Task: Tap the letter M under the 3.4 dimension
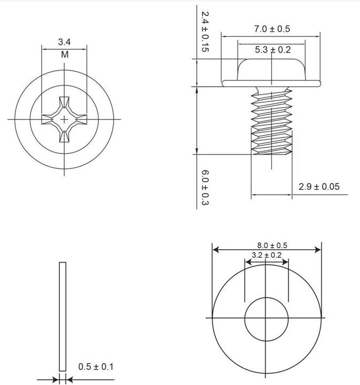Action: click(64, 54)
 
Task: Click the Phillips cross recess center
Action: click(65, 119)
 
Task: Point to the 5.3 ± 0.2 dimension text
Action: click(272, 50)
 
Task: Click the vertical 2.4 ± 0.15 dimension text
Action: click(204, 32)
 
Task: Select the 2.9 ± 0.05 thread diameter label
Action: click(319, 187)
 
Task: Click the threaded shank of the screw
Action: click(272, 122)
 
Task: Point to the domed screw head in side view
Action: click(272, 70)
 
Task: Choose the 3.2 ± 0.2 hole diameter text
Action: click(266, 255)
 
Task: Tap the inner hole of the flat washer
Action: click(266, 319)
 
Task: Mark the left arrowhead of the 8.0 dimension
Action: click(215, 249)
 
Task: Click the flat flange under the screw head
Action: click(272, 83)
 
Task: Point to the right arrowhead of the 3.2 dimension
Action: click(286, 261)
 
